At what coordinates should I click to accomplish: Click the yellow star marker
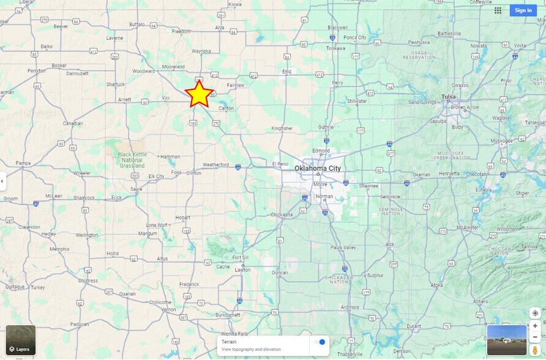click(199, 94)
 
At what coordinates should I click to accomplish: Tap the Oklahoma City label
click(318, 168)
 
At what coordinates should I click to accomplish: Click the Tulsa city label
click(449, 97)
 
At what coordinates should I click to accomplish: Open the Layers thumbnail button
click(21, 340)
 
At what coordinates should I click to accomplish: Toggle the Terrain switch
click(319, 342)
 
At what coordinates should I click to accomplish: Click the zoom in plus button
click(535, 326)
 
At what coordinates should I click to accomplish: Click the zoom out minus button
click(535, 337)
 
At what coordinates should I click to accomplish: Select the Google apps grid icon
click(498, 10)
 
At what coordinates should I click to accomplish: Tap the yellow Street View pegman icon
click(535, 350)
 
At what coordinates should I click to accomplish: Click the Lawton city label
click(243, 269)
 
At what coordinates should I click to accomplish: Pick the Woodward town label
click(144, 71)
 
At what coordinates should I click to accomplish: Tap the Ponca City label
click(354, 37)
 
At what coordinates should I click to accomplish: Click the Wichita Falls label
click(236, 334)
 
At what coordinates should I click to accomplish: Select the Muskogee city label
click(501, 140)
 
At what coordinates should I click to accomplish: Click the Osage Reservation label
click(419, 55)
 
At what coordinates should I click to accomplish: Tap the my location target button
click(535, 313)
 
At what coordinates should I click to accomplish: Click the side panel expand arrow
click(2, 181)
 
